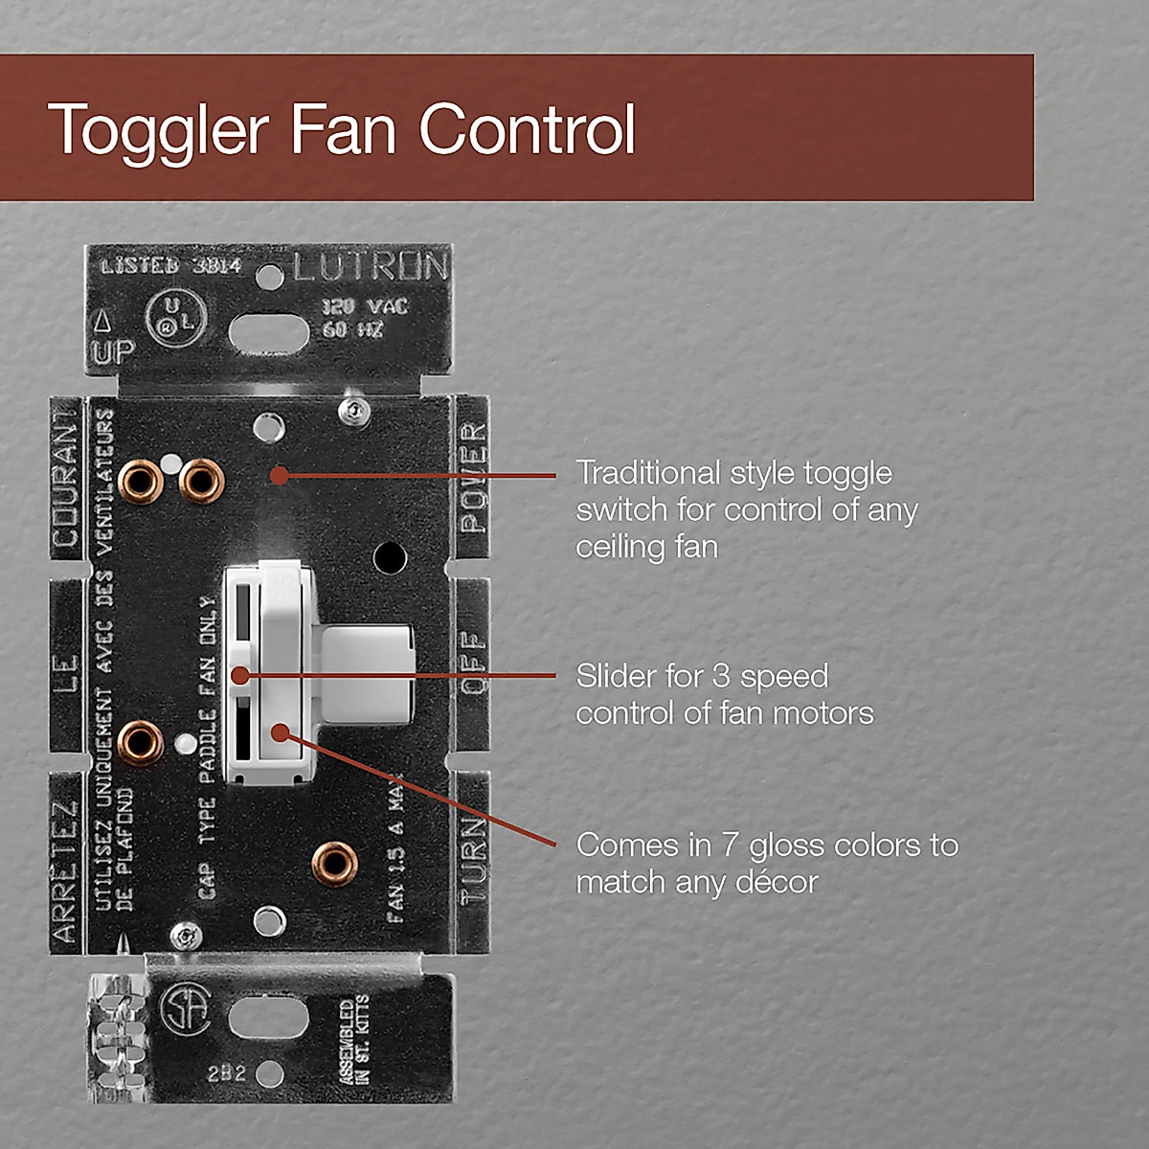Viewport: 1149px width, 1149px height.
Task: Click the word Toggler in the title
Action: (158, 130)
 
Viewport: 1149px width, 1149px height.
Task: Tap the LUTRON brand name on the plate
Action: (370, 267)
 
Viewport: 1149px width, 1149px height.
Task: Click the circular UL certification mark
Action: (175, 317)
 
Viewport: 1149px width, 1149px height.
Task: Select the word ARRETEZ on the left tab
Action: (65, 871)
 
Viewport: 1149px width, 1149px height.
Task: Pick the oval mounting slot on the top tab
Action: (270, 333)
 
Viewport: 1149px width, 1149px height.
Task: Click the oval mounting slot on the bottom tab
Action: (269, 1018)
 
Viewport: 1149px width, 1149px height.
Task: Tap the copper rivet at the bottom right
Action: (335, 864)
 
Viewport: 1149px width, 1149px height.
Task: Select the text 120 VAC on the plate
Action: (365, 306)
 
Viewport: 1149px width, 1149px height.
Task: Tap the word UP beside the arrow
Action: (113, 351)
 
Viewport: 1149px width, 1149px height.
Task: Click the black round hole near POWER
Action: (390, 556)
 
